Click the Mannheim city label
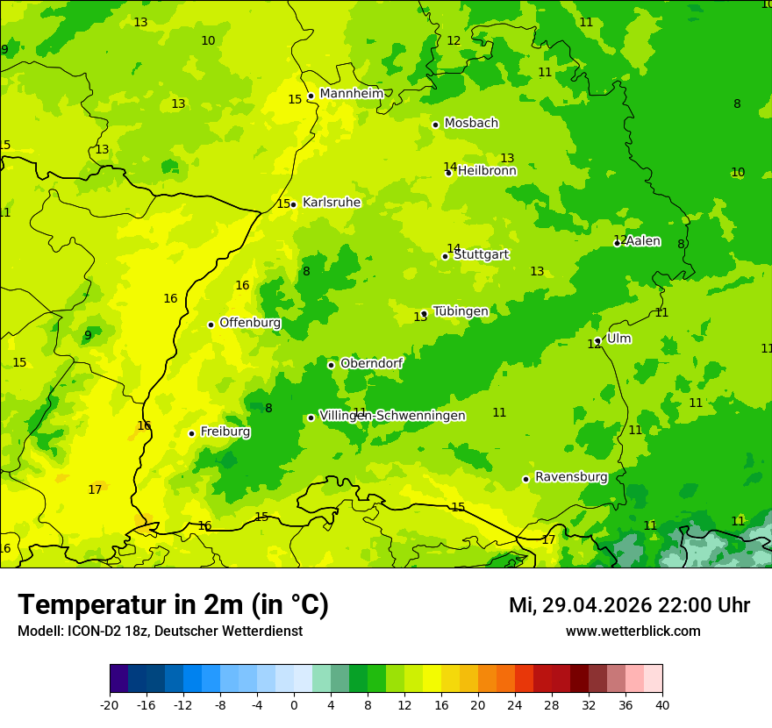click(351, 94)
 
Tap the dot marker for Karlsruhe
click(294, 204)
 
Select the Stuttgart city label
click(481, 254)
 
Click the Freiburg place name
click(225, 432)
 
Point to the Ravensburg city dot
click(525, 479)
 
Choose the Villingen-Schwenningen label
click(392, 416)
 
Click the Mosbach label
click(471, 124)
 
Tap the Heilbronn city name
click(487, 171)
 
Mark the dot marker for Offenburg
click(211, 325)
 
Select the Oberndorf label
click(372, 363)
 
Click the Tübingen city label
click(461, 311)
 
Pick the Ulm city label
click(618, 339)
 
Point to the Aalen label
click(643, 241)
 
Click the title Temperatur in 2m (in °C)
click(174, 604)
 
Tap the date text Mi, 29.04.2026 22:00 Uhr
click(629, 605)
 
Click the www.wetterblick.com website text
click(633, 631)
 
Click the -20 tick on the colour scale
click(110, 704)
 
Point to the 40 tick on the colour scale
click(662, 704)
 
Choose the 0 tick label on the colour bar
click(294, 704)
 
